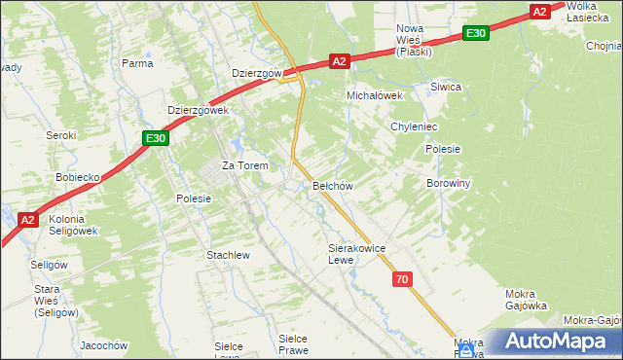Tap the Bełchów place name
[x=332, y=185]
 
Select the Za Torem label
[x=244, y=165]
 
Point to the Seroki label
[x=61, y=135]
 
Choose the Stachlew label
[x=229, y=255]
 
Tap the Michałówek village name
[x=376, y=96]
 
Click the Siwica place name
[x=446, y=87]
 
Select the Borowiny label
[x=449, y=182]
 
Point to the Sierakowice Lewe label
[x=357, y=254]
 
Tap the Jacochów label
[x=104, y=345]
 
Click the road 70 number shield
[x=403, y=279]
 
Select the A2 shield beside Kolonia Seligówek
[x=28, y=220]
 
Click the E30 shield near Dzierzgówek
[x=156, y=139]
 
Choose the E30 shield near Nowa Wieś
[x=475, y=33]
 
